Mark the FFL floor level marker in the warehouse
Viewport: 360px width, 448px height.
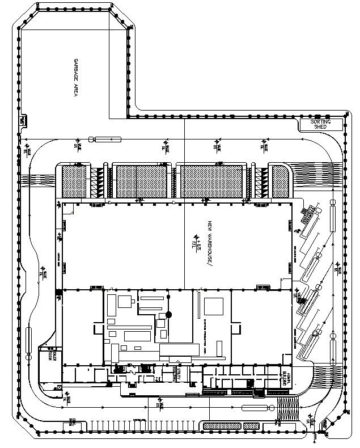[x=196, y=244]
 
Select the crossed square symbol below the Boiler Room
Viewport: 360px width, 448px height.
[x=60, y=387]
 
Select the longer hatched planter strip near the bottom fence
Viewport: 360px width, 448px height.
[x=218, y=425]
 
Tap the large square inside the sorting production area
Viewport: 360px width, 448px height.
[x=214, y=307]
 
